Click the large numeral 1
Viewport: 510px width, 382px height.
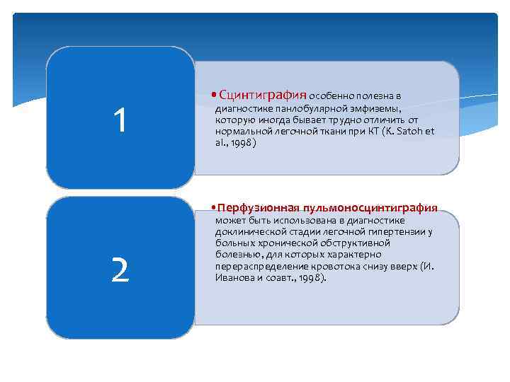click(120, 121)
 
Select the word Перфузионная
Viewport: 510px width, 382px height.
click(259, 208)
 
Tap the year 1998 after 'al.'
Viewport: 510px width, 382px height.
click(239, 142)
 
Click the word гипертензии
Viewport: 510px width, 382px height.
click(401, 231)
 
